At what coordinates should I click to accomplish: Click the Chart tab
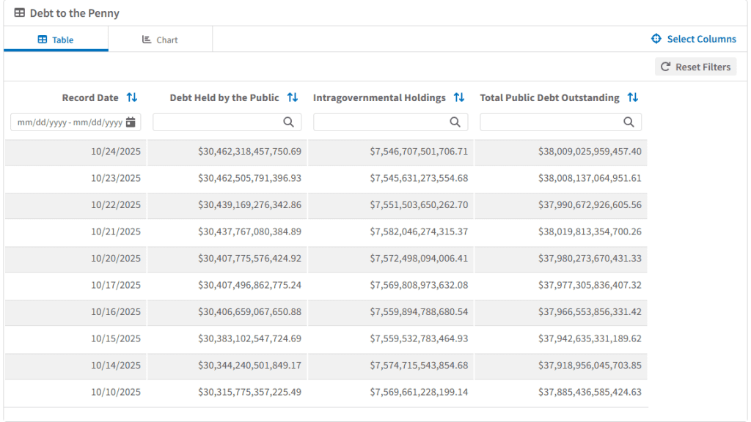point(160,40)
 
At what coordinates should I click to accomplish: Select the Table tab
point(56,40)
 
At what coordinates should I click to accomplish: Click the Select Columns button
point(694,39)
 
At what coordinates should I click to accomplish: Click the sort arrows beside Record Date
point(132,97)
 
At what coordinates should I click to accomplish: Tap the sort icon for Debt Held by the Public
point(293,97)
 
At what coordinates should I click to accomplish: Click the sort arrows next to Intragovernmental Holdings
point(459,97)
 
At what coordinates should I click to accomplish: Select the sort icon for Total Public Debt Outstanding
point(633,97)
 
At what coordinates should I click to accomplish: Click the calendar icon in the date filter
point(131,122)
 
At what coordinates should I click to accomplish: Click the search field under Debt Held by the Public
point(216,122)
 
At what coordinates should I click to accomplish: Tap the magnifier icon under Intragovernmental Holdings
point(455,122)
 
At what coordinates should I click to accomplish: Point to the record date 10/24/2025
point(116,152)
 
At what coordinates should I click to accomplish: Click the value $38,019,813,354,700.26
point(590,232)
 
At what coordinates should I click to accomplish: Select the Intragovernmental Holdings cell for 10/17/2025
point(419,285)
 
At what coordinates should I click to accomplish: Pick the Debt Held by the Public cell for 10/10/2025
point(249,392)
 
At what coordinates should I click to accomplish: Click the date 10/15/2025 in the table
point(116,338)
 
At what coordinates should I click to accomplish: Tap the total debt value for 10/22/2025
point(590,205)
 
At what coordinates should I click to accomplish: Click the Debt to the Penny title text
point(74,13)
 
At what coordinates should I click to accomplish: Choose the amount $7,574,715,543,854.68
point(419,365)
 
